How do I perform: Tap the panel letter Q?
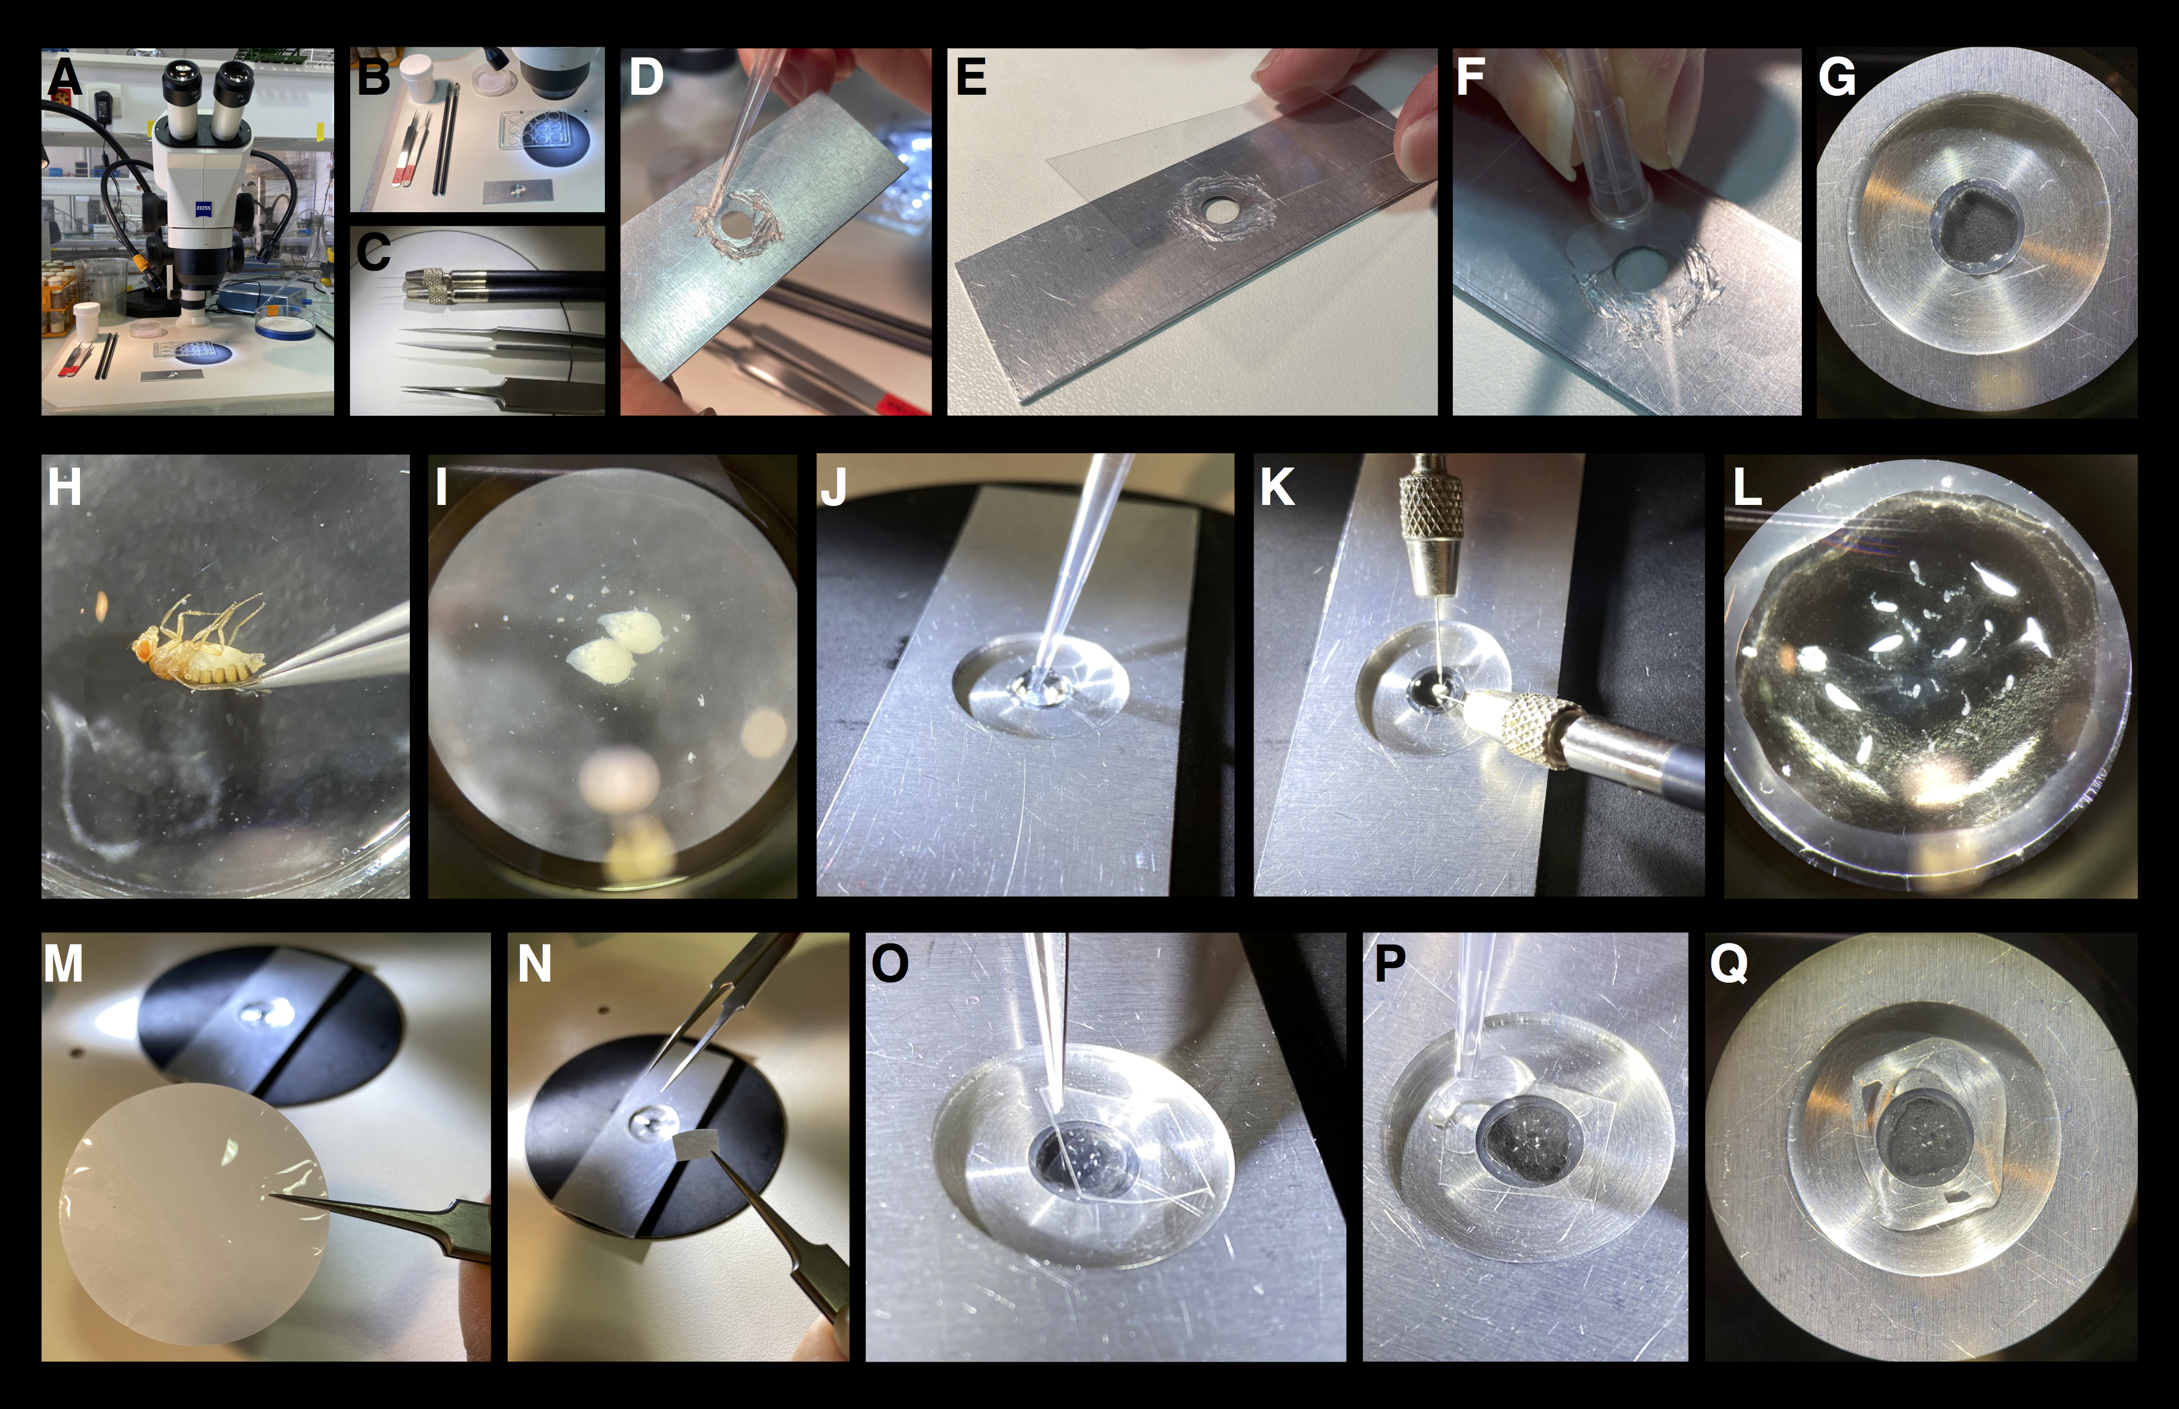[x=1729, y=964]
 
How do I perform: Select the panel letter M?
[x=63, y=964]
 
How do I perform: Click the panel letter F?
[x=1469, y=77]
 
